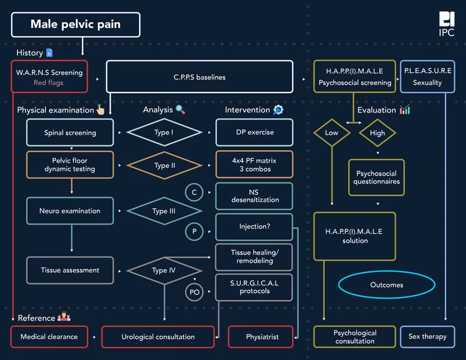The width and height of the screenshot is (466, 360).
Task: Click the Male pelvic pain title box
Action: point(76,25)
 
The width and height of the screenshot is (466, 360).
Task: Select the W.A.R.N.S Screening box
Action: point(49,77)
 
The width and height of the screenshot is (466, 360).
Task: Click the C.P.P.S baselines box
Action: point(199,77)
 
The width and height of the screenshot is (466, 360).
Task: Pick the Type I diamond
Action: point(164,132)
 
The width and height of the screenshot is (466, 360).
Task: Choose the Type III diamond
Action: point(164,211)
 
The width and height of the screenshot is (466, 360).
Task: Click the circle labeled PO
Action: point(194,291)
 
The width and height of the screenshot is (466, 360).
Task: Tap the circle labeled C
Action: point(194,192)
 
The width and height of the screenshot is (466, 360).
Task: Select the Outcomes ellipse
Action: point(386,285)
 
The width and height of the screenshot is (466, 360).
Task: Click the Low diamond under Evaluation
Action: point(332,133)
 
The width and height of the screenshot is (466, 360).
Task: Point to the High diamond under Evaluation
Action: point(377,133)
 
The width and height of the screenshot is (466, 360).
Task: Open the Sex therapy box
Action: point(427,336)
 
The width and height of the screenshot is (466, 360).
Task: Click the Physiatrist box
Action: point(262,337)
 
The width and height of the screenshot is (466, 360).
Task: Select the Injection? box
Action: point(254,227)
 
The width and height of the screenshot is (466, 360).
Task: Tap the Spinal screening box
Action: point(70,132)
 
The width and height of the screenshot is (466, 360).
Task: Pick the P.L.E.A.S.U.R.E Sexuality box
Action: point(427,77)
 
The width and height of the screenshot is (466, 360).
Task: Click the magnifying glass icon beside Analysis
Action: point(180,109)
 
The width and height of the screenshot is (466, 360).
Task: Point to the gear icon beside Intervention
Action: point(278,110)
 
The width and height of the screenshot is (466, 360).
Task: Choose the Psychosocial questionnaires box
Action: point(377,178)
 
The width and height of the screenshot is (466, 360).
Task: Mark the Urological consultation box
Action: point(157,337)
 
